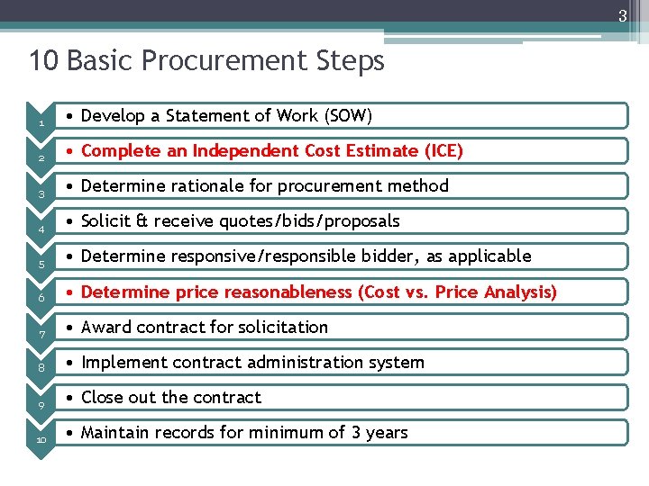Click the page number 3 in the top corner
pos(622,15)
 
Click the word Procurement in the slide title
pos(206,61)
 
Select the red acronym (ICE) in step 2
pos(443,150)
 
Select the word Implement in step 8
pos(120,362)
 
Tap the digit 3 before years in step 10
pos(356,432)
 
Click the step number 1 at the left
pos(41,124)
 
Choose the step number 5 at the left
pos(41,265)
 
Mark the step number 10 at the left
pos(41,440)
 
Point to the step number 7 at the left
pos(41,335)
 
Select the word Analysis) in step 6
pos(522,292)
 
